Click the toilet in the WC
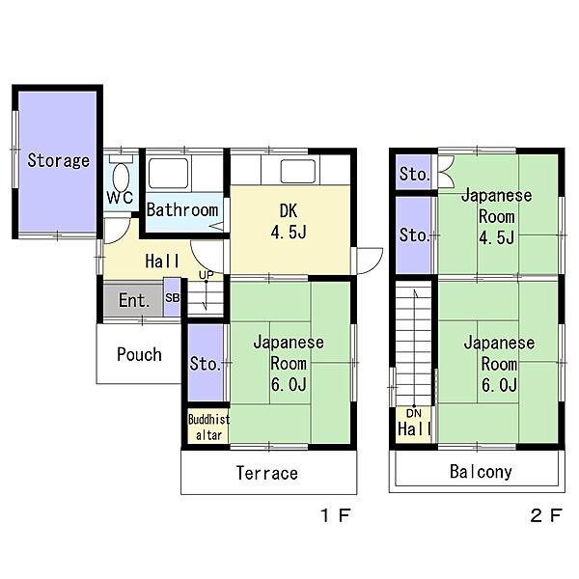click(x=121, y=175)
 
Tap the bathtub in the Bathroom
click(x=168, y=173)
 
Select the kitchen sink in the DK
click(x=298, y=171)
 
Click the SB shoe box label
click(x=172, y=297)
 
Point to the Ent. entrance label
click(x=134, y=300)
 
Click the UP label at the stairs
click(x=207, y=275)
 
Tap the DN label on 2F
click(x=414, y=413)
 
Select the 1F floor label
click(x=335, y=515)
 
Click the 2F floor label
click(x=546, y=515)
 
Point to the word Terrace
click(x=267, y=473)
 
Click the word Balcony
click(x=481, y=472)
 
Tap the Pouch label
click(x=139, y=354)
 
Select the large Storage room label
click(x=58, y=160)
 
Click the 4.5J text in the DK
click(x=289, y=233)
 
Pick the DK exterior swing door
click(x=368, y=262)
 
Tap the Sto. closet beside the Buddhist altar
click(x=206, y=363)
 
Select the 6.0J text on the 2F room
click(x=499, y=385)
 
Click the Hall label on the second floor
click(x=414, y=429)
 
